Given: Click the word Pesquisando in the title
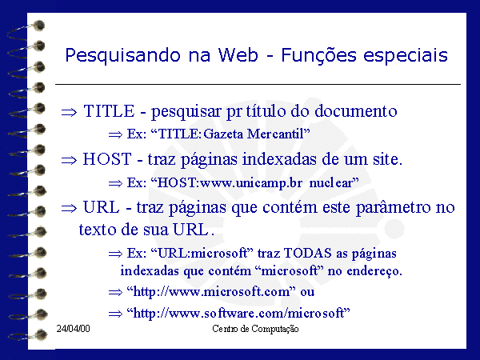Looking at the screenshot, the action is click(122, 56).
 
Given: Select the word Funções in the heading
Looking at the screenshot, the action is click(318, 56).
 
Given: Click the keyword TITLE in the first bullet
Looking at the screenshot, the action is click(109, 111).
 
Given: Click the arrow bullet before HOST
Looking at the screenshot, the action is click(69, 160).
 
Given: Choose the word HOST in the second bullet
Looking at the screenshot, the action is click(107, 159).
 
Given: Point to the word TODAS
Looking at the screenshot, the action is click(308, 253).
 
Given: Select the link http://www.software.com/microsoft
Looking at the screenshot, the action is click(238, 314).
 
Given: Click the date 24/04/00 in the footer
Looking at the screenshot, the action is click(73, 329).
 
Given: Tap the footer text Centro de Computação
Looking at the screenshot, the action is click(255, 329).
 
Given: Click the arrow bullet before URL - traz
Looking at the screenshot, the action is click(69, 209).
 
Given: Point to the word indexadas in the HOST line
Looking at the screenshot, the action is click(279, 159).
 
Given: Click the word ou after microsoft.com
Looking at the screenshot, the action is click(307, 292).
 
